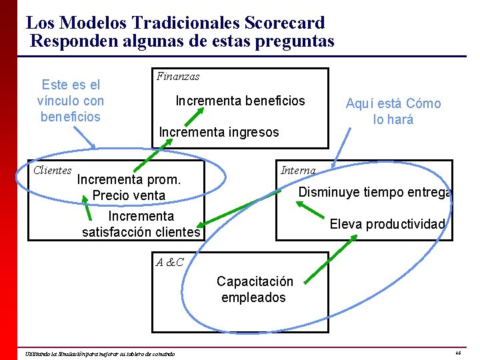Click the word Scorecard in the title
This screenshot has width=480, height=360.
pos(285,23)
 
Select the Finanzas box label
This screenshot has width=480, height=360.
pos(178,77)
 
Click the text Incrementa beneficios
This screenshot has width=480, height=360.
pos(240,101)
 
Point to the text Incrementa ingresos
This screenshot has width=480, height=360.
pos(219,132)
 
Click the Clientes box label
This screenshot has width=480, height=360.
pos(53,171)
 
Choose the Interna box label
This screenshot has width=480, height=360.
pos(298,171)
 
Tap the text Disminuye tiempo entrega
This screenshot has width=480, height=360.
pos(375,193)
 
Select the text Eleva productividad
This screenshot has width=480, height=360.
pos(387,224)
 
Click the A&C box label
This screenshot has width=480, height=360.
pos(169,263)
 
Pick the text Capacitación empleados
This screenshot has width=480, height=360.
pos(254,289)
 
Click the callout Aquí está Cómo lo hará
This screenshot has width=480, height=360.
pos(393,111)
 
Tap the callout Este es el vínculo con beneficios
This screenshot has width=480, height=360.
pos(71,101)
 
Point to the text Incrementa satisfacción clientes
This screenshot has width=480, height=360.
pos(141,224)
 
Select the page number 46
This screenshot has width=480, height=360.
pos(458,352)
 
